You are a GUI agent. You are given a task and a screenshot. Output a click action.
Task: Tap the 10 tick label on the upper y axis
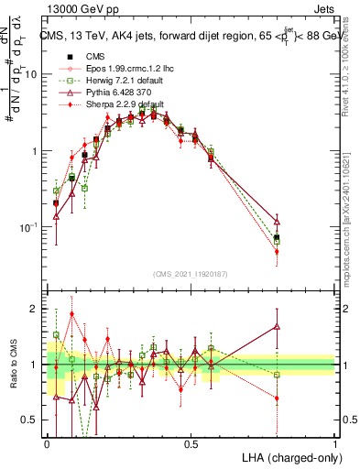(31, 74)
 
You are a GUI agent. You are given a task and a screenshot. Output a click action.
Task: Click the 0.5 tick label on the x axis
(191, 443)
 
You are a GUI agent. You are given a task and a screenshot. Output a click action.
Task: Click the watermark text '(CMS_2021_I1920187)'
(190, 273)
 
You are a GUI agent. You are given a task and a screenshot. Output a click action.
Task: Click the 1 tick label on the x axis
(333, 443)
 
